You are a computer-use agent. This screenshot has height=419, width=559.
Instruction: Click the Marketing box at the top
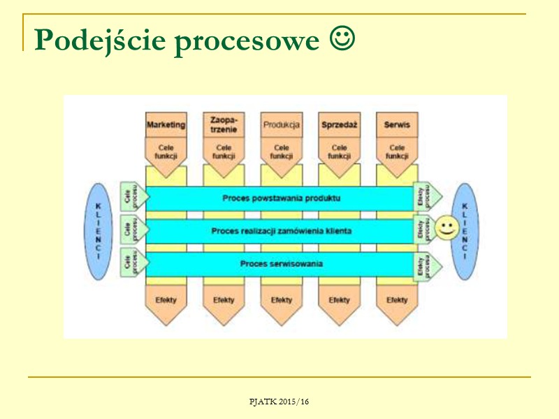[x=166, y=125]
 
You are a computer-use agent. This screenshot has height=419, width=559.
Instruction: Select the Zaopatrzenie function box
[x=224, y=125]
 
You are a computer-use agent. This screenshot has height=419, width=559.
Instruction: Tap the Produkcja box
[x=282, y=125]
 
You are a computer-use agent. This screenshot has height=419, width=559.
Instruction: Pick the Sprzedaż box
[x=339, y=125]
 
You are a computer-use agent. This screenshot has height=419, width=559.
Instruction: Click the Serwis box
[x=397, y=125]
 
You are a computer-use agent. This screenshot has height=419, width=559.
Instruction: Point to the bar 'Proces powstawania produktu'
[x=281, y=198]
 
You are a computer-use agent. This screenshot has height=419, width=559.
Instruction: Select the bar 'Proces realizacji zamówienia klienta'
[x=281, y=230]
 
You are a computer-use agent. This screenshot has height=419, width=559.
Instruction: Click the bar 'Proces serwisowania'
[x=281, y=264]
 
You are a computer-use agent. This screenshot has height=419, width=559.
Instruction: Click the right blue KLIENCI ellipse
[x=465, y=231]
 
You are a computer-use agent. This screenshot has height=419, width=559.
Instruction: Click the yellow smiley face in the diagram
[x=446, y=228]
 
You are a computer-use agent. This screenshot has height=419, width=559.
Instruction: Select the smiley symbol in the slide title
[x=342, y=41]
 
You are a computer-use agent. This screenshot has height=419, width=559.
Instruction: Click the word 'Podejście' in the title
[x=100, y=41]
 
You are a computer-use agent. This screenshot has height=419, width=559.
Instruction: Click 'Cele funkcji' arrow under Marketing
[x=166, y=152]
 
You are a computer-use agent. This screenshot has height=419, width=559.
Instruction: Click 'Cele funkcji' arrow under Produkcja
[x=282, y=152]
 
